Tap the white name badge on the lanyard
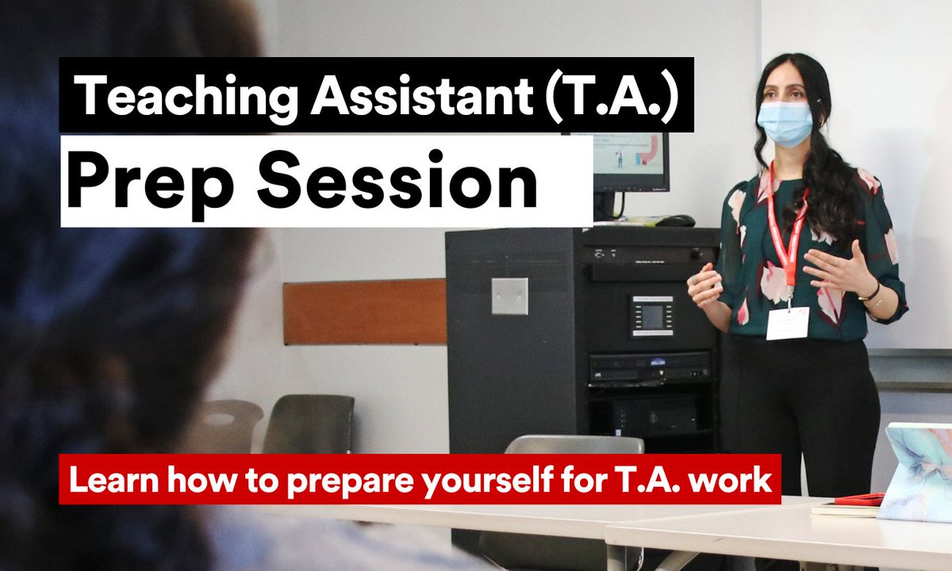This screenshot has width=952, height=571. pos(787,323)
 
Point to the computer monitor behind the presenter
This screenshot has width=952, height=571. pos(635,163)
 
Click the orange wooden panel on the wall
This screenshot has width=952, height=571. pos(365,312)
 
